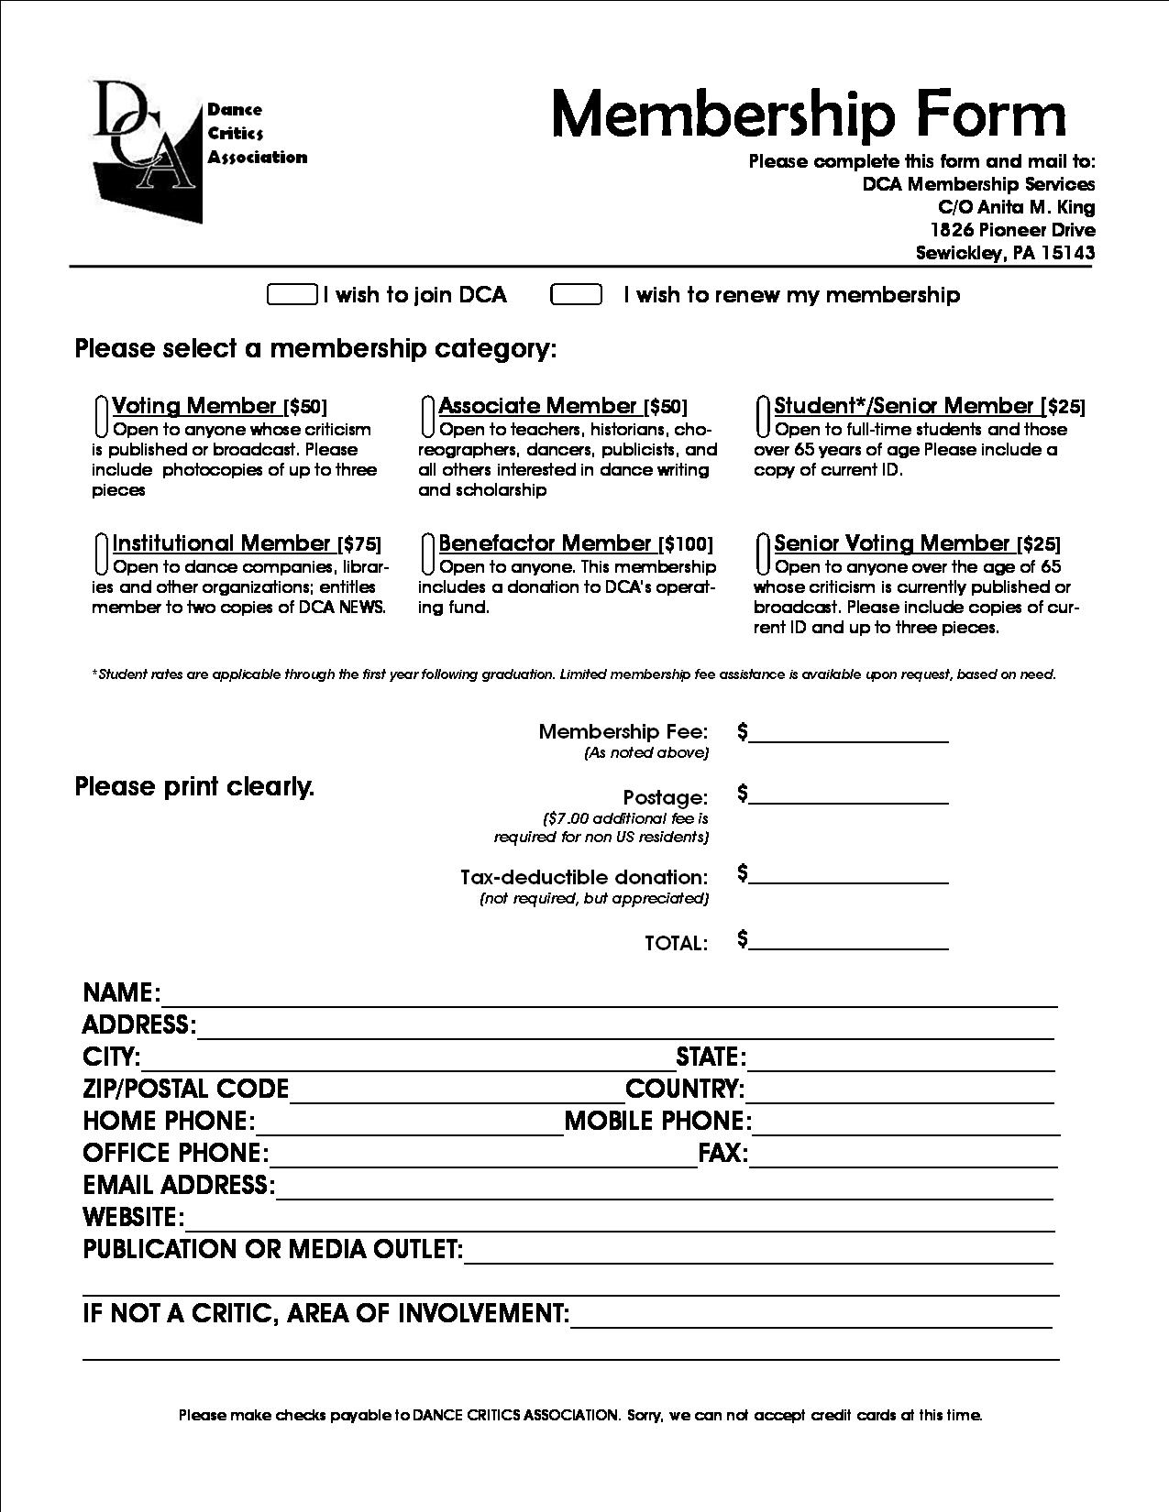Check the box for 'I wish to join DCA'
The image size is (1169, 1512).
coord(292,294)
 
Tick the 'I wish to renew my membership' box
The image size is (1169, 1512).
coord(576,294)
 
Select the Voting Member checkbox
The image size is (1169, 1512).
coord(102,416)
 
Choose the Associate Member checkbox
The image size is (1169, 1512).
coord(427,416)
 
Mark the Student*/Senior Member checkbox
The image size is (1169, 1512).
coord(763,416)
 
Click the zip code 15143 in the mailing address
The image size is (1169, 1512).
coord(1068,254)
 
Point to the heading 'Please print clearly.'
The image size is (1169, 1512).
coord(194,787)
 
